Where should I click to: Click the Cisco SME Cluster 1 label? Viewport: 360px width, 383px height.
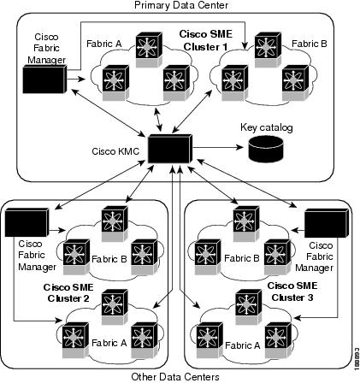click(x=203, y=39)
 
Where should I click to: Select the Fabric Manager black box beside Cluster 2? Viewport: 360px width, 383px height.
click(x=19, y=224)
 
